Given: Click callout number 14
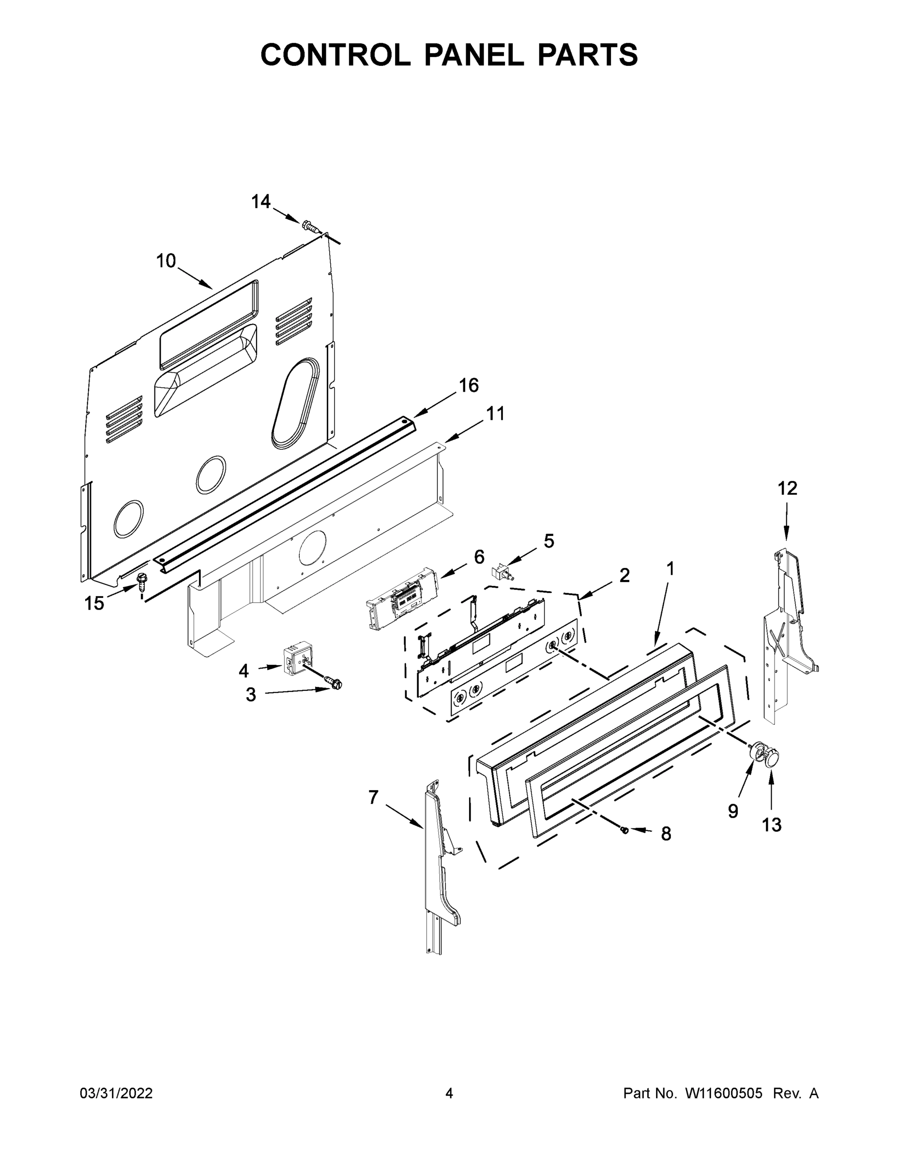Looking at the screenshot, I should pyautogui.click(x=260, y=201).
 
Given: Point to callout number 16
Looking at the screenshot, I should pyautogui.click(x=469, y=385).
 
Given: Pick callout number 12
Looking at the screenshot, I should pyautogui.click(x=787, y=488).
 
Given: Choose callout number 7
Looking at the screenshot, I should pyautogui.click(x=373, y=797).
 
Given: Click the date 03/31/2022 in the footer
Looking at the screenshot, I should pyautogui.click(x=116, y=1093).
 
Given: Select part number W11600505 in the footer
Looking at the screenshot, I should pyautogui.click(x=724, y=1093).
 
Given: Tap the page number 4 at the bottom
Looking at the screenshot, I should pyautogui.click(x=449, y=1093).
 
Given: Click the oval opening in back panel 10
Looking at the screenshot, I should pyautogui.click(x=296, y=402).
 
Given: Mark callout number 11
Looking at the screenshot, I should pyautogui.click(x=495, y=413).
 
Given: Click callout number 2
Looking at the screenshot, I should pyautogui.click(x=624, y=575).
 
